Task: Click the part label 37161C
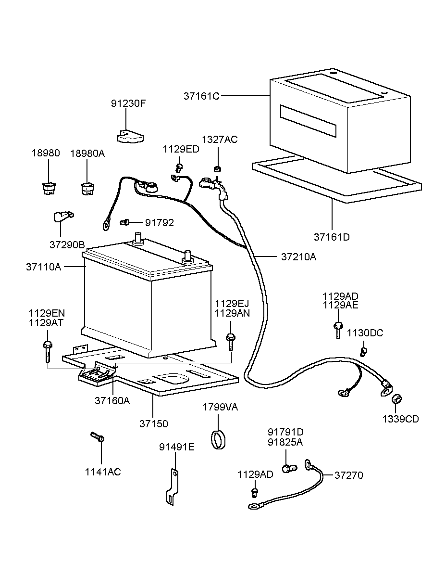click(201, 96)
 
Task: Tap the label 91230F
click(128, 103)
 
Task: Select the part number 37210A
click(298, 256)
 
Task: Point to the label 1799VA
click(220, 407)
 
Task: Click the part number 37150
click(154, 424)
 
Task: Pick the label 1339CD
click(400, 419)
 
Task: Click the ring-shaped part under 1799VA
click(219, 439)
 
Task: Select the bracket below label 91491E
click(171, 488)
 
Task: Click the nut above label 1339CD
click(397, 399)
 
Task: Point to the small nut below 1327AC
click(217, 169)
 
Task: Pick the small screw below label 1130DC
click(364, 351)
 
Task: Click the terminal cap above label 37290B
click(62, 217)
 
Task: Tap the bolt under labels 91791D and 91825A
click(288, 468)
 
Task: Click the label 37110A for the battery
click(43, 267)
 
